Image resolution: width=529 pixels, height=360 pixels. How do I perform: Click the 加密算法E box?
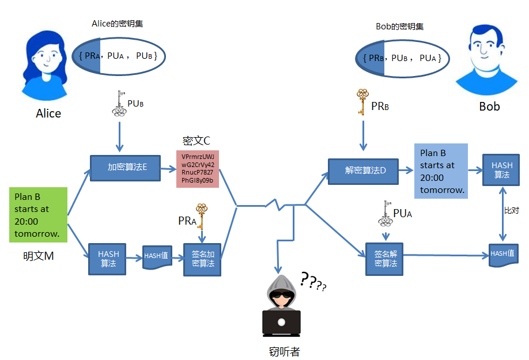(125, 168)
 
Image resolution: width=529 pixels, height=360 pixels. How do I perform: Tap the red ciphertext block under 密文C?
(198, 169)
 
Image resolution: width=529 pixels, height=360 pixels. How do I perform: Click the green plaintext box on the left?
(39, 215)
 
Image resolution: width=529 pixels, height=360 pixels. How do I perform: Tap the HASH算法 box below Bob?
(502, 170)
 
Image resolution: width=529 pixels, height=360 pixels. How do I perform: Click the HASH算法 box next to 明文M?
(108, 259)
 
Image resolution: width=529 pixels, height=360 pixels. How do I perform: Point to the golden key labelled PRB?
(362, 102)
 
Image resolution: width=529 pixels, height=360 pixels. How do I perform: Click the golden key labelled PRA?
(201, 216)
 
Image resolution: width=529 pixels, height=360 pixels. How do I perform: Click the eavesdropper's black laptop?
(281, 323)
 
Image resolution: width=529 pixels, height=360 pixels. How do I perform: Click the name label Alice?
(48, 113)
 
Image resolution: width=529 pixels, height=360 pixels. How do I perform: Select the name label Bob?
(489, 107)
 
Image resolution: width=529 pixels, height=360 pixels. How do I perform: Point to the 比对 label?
(511, 211)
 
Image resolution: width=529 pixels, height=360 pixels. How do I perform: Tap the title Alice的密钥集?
(118, 24)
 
